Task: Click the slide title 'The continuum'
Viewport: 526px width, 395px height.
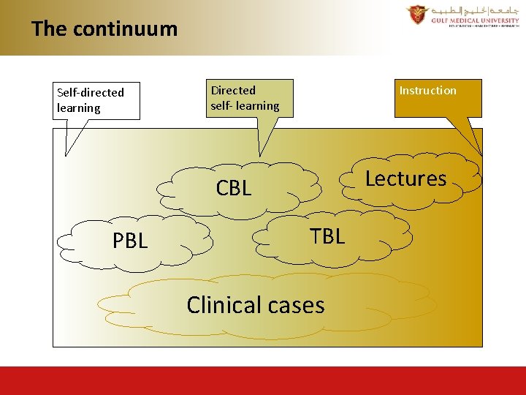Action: [x=104, y=29]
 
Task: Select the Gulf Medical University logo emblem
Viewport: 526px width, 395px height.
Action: [x=418, y=15]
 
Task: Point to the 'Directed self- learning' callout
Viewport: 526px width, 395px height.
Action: [x=248, y=98]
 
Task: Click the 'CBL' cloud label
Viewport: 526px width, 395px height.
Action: [x=234, y=188]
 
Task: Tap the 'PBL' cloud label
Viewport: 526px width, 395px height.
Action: [x=129, y=241]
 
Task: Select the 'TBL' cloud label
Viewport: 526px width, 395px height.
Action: [x=327, y=236]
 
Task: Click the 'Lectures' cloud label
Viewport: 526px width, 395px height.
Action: [x=405, y=178]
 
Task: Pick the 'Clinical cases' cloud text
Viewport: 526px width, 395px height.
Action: [x=255, y=304]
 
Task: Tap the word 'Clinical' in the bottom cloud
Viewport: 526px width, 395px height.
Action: [x=222, y=304]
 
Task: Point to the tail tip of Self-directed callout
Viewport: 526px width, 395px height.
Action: [x=66, y=155]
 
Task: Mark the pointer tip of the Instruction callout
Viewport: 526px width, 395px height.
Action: [x=481, y=154]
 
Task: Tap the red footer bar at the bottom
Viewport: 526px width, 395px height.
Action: [x=263, y=380]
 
